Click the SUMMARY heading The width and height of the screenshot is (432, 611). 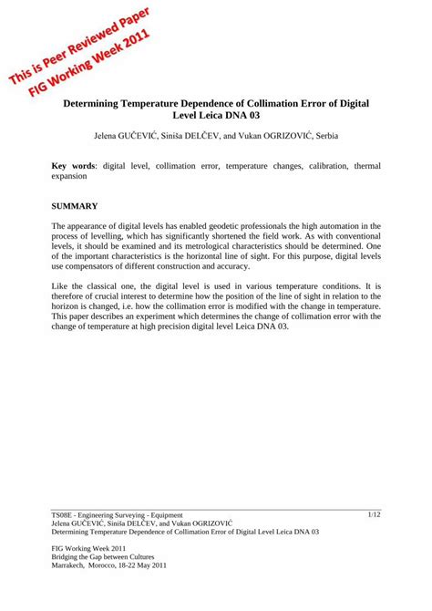click(x=74, y=208)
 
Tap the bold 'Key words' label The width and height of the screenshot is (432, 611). click(x=74, y=166)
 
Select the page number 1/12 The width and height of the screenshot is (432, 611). click(x=374, y=515)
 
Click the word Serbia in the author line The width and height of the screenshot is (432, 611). click(x=321, y=136)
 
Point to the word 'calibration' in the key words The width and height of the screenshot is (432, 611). click(x=324, y=166)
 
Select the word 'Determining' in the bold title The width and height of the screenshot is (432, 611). click(x=94, y=105)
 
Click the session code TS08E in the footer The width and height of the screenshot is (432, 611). click(x=65, y=515)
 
